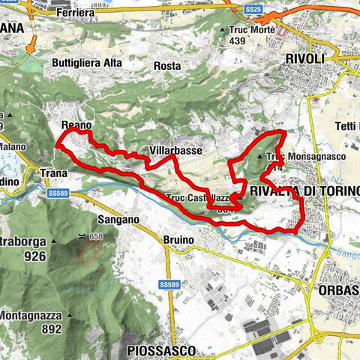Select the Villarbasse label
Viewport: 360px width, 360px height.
[175, 151]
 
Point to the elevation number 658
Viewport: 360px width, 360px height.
[94, 237]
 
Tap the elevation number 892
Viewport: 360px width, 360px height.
[51, 328]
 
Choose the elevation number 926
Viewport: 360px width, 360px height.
[35, 256]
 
